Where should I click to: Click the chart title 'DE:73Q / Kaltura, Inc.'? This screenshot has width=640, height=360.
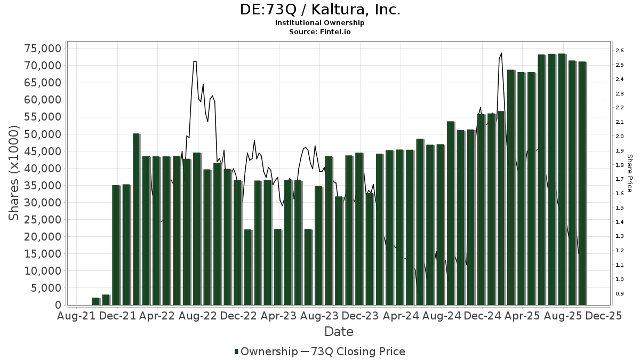(319, 10)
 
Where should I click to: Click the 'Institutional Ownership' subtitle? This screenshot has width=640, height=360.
(319, 23)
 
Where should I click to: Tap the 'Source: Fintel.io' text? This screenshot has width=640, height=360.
(319, 32)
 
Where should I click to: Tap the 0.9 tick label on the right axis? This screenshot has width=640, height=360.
(619, 294)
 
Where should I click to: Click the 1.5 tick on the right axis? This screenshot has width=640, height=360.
(619, 208)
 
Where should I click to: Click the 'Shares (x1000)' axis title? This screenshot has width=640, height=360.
(14, 173)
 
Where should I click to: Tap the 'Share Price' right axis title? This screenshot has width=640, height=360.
(630, 173)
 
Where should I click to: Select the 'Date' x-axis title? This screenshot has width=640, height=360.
(339, 332)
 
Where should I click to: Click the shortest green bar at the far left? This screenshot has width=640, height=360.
(95, 301)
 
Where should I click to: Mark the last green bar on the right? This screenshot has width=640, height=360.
(582, 183)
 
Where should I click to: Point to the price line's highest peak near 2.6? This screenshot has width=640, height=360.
(501, 53)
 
